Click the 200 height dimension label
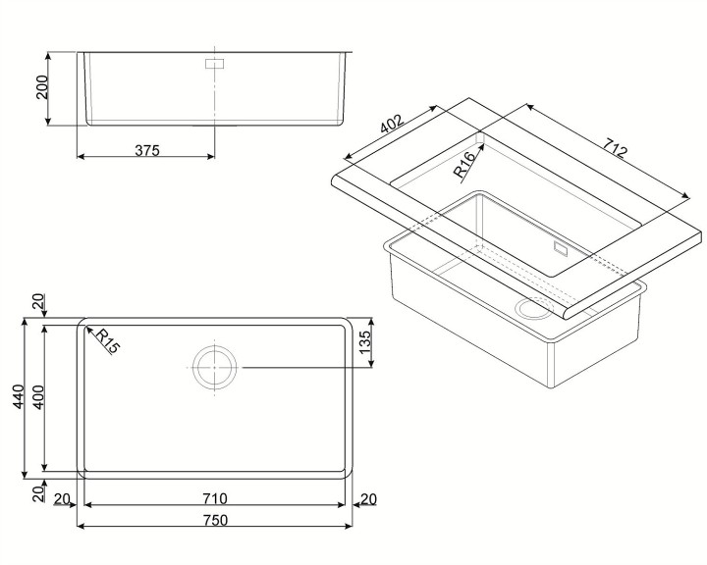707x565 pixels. pyautogui.click(x=42, y=87)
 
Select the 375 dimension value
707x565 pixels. pyautogui.click(x=147, y=150)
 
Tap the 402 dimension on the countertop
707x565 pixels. pyautogui.click(x=391, y=125)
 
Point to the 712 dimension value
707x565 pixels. pyautogui.click(x=615, y=147)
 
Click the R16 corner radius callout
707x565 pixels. pyautogui.click(x=464, y=165)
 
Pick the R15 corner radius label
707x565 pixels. pyautogui.click(x=108, y=341)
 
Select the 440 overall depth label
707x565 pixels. pyautogui.click(x=19, y=396)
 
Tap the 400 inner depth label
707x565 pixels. pyautogui.click(x=38, y=397)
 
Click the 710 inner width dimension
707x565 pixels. pyautogui.click(x=215, y=498)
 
